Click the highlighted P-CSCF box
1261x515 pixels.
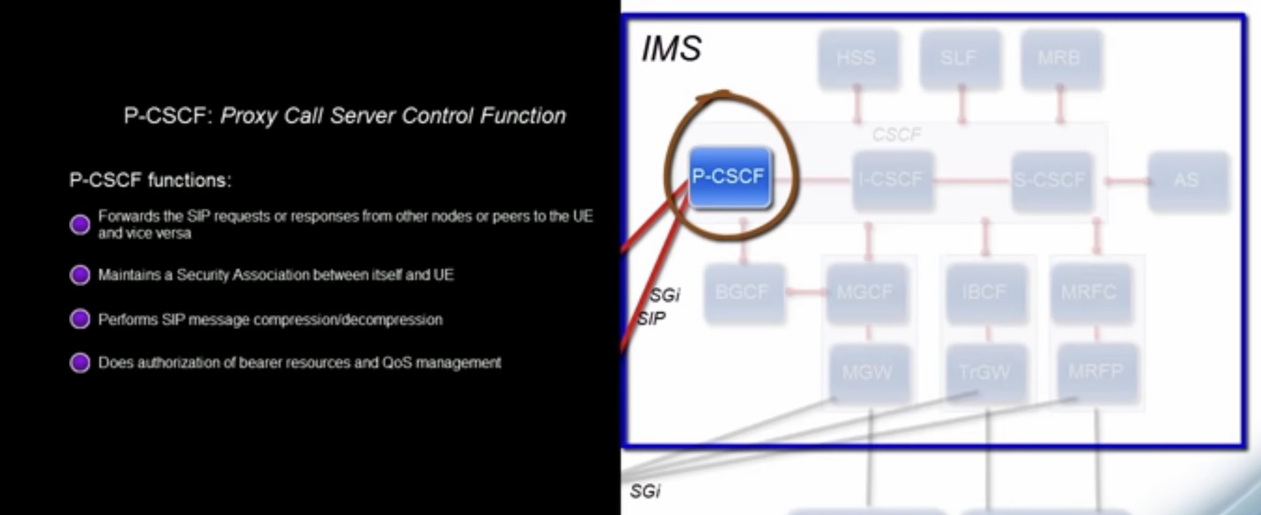[729, 177]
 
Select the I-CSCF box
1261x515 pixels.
[892, 180]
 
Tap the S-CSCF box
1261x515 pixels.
[1050, 180]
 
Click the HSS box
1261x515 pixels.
[856, 59]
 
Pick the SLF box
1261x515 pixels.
[959, 59]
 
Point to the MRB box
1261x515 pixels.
[1059, 59]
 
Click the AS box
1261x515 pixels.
[1186, 180]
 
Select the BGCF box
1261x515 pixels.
[743, 292]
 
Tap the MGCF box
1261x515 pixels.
[865, 292]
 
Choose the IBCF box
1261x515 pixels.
[985, 292]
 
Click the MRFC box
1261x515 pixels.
[1089, 292]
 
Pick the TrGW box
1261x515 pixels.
[985, 372]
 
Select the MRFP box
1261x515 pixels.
[1095, 371]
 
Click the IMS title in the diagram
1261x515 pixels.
[671, 49]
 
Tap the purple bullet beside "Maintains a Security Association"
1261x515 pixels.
[79, 275]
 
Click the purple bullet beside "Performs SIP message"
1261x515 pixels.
[79, 319]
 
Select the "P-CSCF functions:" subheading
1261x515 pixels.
[150, 180]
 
